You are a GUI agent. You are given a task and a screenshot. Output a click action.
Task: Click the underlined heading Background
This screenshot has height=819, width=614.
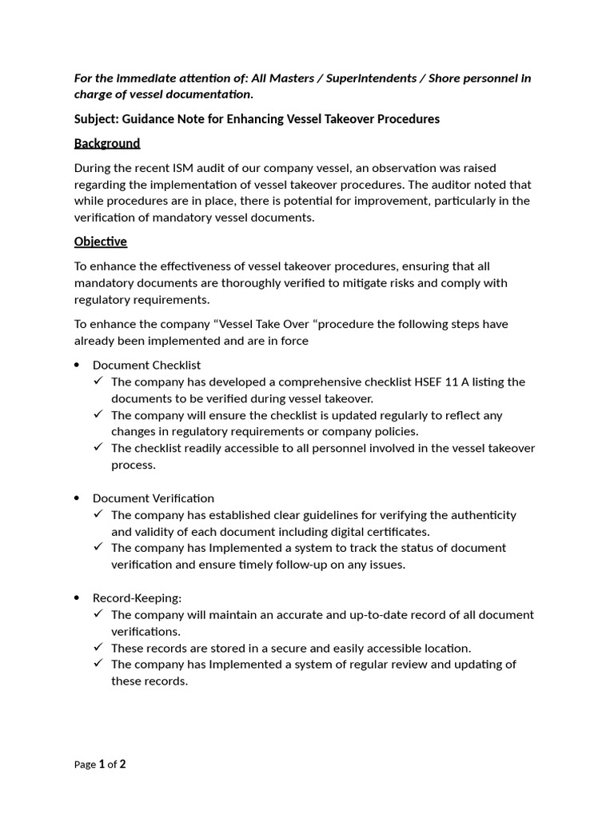107,143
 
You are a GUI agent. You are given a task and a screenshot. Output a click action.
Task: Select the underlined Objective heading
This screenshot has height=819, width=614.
101,242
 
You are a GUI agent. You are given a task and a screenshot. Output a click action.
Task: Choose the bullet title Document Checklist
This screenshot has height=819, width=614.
146,365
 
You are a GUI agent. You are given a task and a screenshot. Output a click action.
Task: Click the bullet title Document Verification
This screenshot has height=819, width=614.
153,498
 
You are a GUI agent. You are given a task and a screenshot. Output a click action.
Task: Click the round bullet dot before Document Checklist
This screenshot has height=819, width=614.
77,366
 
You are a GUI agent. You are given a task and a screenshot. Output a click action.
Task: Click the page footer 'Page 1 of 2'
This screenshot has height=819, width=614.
100,765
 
